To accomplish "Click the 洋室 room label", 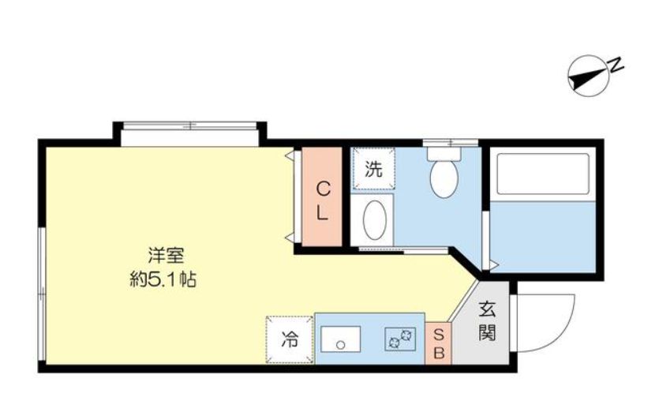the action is (x=167, y=256).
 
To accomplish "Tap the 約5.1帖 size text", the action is (x=163, y=279).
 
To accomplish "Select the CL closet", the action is (x=322, y=197).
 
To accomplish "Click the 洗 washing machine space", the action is (x=373, y=168).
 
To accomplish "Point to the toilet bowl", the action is (x=444, y=178).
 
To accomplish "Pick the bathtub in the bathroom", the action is (x=543, y=173).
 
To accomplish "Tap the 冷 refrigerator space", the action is (x=290, y=339).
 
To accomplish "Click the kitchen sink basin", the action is (x=341, y=339).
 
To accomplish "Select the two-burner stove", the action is (x=400, y=339).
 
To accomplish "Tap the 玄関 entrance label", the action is (x=487, y=321).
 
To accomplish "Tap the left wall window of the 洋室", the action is (x=41, y=294).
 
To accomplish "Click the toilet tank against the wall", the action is (x=444, y=153).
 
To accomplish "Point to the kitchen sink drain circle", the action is (x=340, y=344).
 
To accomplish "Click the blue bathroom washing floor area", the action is (x=543, y=235).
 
